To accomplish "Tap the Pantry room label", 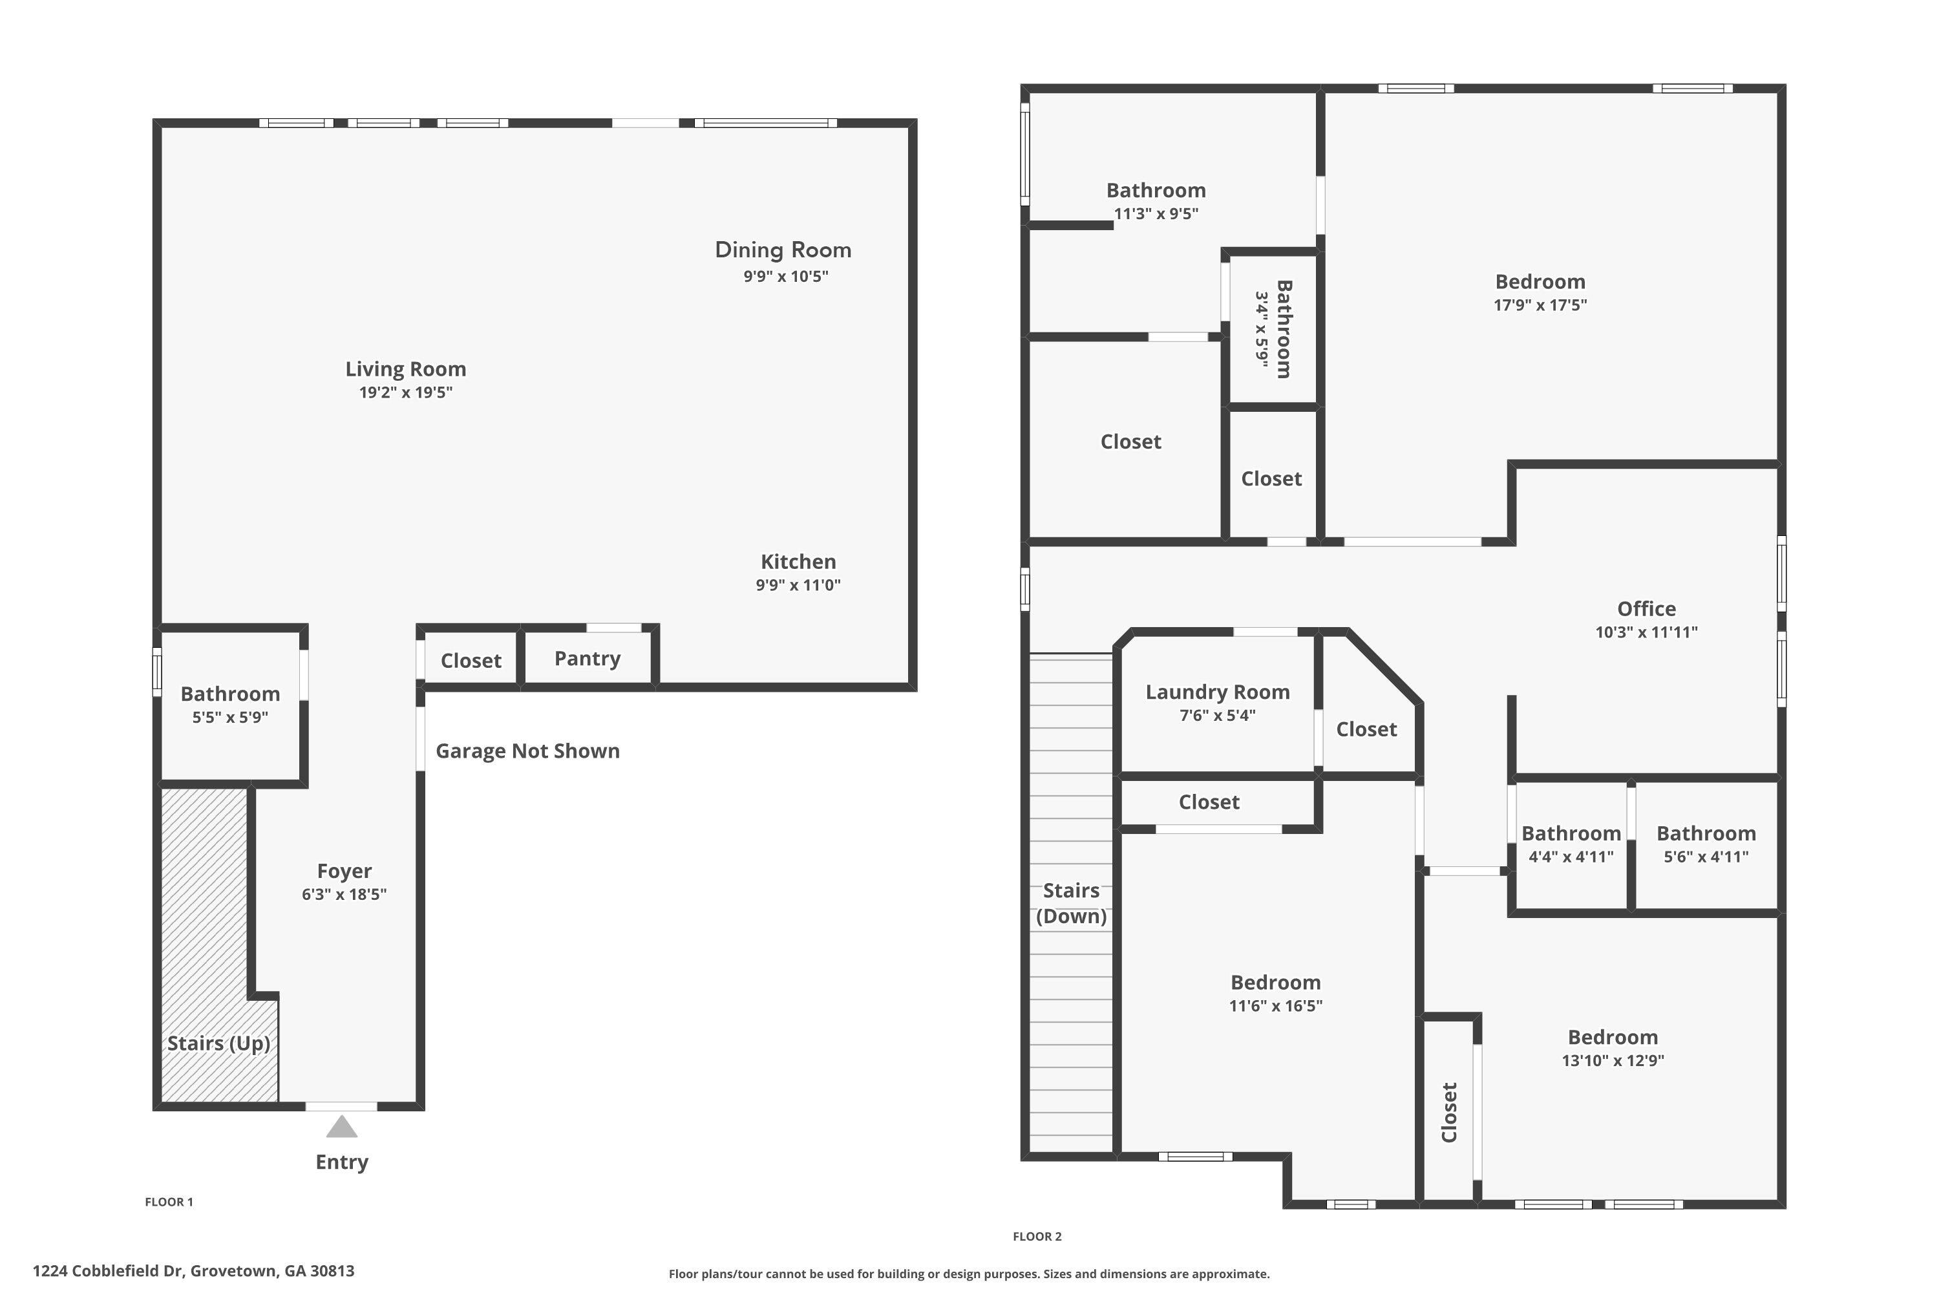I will coord(587,659).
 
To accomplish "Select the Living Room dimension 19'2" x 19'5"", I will coord(406,392).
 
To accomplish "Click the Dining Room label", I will coord(782,250).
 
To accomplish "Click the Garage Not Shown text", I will coord(527,751).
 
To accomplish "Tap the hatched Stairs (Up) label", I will coord(218,1043).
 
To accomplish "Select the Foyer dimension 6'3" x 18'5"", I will coord(344,895).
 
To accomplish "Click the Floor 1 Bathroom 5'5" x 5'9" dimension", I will coord(230,718).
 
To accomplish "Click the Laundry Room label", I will coord(1217,692).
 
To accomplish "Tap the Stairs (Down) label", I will coord(1071,903).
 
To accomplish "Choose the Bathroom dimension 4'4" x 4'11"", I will coord(1571,857).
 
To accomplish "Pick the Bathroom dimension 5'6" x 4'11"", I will coord(1706,857).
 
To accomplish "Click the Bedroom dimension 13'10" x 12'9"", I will coord(1613,1060).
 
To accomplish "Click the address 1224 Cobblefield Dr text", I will coord(107,1271).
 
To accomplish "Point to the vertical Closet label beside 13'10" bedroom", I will coord(1449,1113).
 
